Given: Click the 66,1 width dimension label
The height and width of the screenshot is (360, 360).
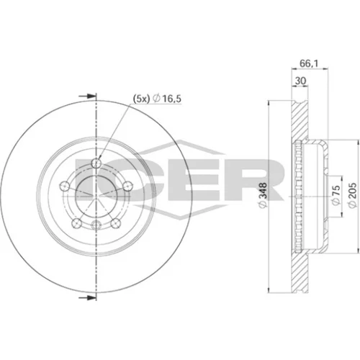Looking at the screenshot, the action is [x=308, y=63].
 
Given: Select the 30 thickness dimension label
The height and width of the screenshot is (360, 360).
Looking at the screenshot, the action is [x=300, y=81].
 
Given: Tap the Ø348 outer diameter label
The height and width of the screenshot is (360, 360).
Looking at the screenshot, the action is [x=264, y=195].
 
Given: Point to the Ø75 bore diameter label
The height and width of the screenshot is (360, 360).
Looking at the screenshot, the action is [x=336, y=195].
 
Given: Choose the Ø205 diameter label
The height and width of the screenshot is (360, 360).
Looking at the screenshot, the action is [x=352, y=195].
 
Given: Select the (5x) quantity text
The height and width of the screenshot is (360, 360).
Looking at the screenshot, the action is [x=141, y=99].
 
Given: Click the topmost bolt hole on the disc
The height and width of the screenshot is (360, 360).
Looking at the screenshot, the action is [x=96, y=163].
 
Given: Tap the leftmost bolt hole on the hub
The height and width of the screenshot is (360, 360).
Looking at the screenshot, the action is [x=65, y=186].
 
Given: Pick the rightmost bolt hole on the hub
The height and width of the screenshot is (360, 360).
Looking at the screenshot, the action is [x=128, y=186].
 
